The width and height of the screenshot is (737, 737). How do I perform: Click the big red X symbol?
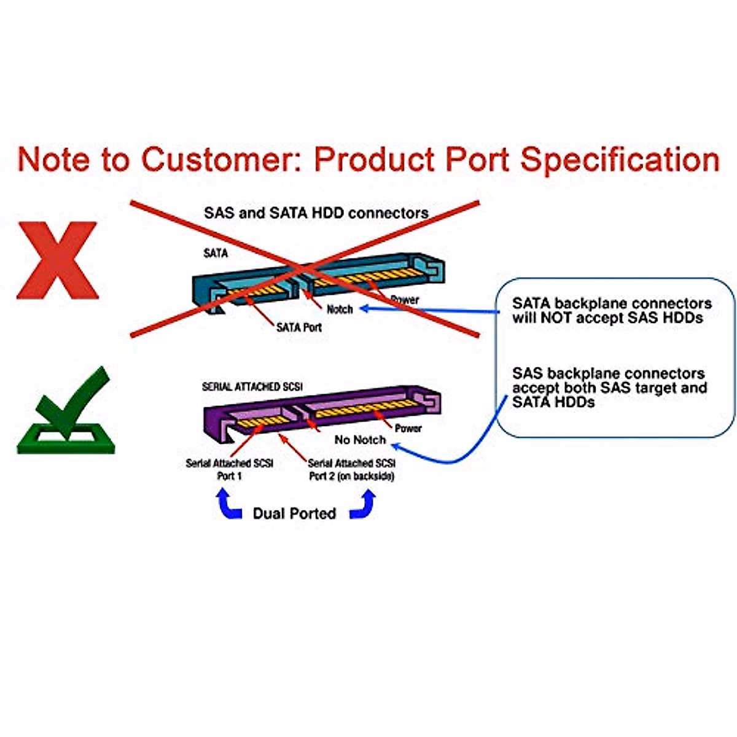(57, 260)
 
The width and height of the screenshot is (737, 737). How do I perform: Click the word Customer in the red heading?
(220, 159)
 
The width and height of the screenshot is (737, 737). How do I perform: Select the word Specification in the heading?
(620, 159)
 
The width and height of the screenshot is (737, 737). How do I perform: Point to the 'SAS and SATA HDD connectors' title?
(316, 213)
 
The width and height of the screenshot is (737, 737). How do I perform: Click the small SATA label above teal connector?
(215, 253)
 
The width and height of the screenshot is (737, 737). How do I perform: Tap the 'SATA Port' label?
(298, 327)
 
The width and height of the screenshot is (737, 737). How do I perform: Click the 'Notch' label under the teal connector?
(340, 309)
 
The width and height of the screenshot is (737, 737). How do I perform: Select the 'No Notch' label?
(360, 440)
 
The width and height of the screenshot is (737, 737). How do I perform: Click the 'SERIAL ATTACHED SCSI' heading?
(252, 387)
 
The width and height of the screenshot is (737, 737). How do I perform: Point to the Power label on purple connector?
(408, 428)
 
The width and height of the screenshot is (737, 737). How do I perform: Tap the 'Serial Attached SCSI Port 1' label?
(229, 469)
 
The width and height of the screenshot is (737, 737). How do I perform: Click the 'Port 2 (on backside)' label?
(351, 476)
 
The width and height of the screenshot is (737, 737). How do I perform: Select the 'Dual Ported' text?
(294, 513)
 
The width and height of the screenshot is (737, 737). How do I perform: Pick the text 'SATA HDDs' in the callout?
(553, 402)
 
